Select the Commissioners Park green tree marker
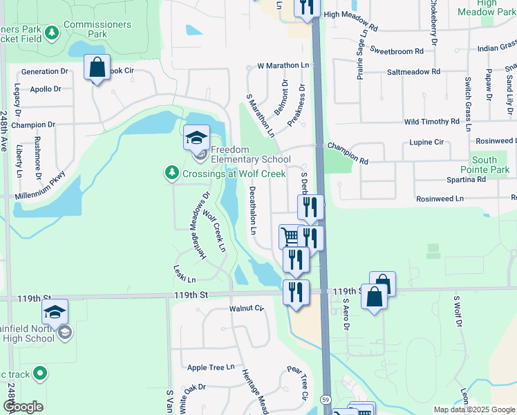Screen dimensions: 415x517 [x=51, y=32]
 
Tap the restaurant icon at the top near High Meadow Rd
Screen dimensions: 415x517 [x=305, y=6]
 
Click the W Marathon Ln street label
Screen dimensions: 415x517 [x=283, y=66]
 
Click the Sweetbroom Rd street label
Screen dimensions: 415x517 [x=396, y=51]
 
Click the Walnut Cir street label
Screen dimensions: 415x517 [x=247, y=308]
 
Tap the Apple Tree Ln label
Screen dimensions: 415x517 [x=211, y=367]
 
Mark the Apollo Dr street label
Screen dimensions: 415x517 [x=46, y=89]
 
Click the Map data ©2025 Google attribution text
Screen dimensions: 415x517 [x=474, y=409]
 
